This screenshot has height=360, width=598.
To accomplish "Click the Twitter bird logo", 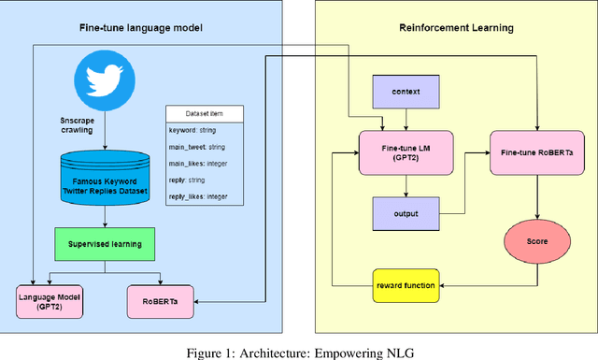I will point(106,79).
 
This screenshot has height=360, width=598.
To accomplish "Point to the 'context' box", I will point(405,93).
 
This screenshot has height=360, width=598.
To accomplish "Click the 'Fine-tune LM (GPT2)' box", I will point(405,151).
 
